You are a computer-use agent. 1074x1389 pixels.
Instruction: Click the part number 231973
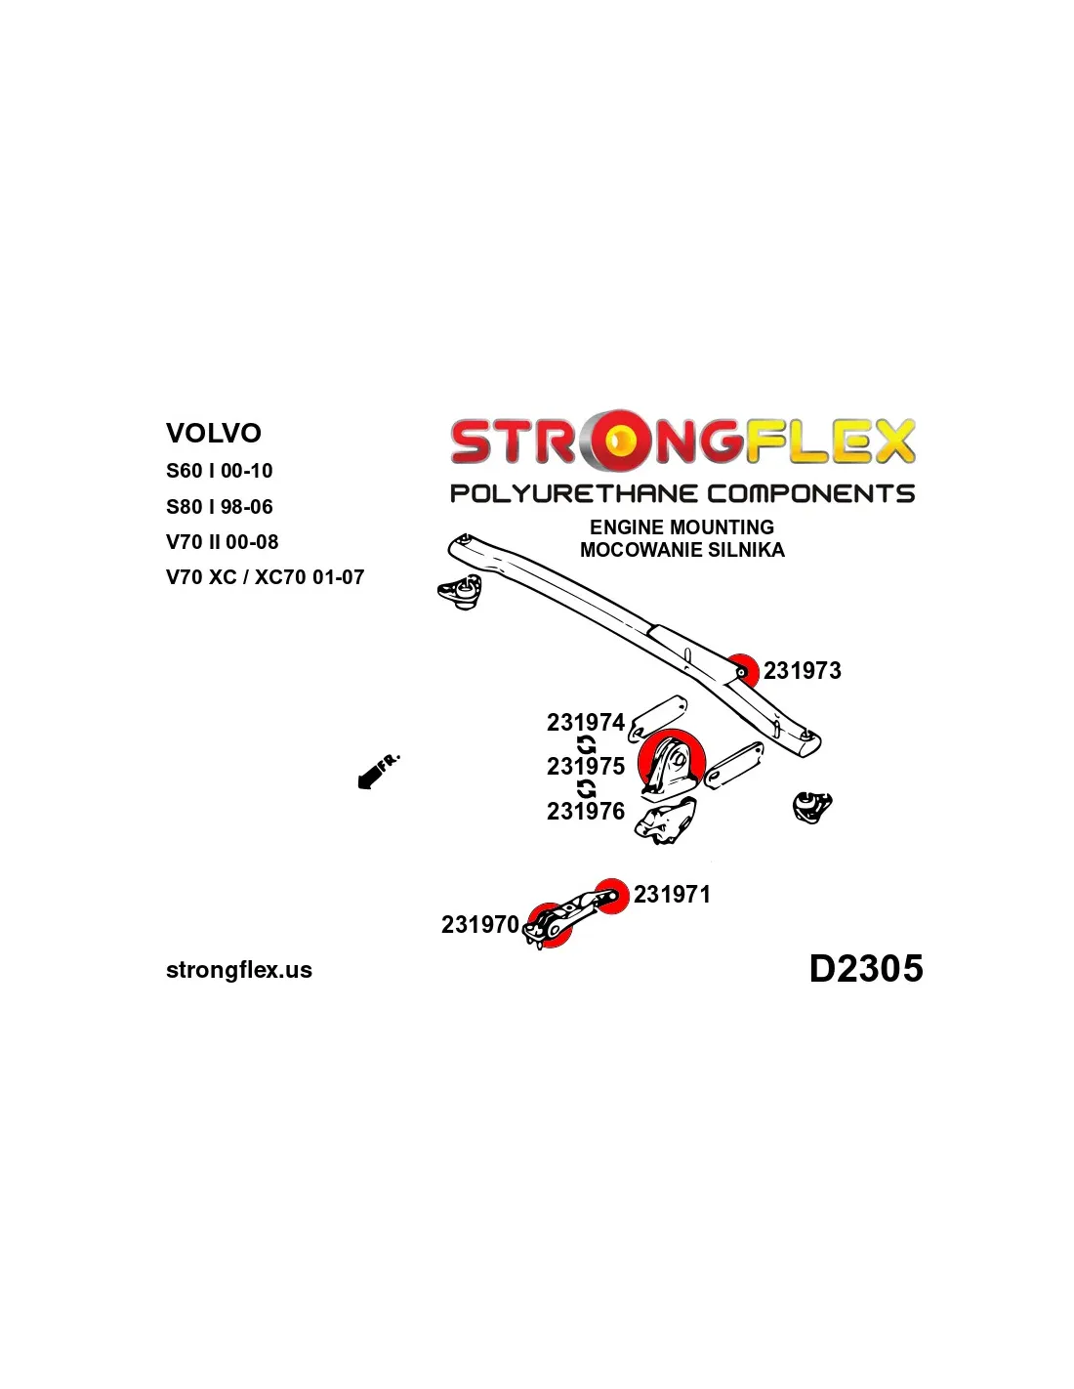pos(802,671)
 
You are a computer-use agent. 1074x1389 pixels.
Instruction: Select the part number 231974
pos(585,723)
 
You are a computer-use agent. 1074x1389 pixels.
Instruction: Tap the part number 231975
pos(585,767)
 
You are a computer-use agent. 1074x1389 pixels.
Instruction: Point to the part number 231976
pos(585,812)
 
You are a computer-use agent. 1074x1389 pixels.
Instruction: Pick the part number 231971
pos(672,895)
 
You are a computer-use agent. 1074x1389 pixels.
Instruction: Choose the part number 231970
pos(479,925)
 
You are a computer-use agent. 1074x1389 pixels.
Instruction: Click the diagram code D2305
pos(865,969)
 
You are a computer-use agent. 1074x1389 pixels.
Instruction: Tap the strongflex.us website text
pos(239,970)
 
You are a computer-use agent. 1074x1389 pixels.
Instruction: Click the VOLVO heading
pos(214,433)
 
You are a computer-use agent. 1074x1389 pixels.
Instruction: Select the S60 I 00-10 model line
pos(220,471)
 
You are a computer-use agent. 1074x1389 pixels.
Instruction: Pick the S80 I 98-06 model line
pos(220,507)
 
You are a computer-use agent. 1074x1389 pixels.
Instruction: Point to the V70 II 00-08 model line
pos(223,542)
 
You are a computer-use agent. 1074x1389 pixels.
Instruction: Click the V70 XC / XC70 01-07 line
pos(265,577)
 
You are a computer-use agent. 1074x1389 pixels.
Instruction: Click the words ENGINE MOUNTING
pos(682,527)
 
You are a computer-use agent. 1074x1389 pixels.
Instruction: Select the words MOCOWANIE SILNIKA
pos(682,550)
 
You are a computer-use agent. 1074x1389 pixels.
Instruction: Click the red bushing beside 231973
pos(743,671)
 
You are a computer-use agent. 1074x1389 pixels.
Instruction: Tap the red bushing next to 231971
pos(612,895)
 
